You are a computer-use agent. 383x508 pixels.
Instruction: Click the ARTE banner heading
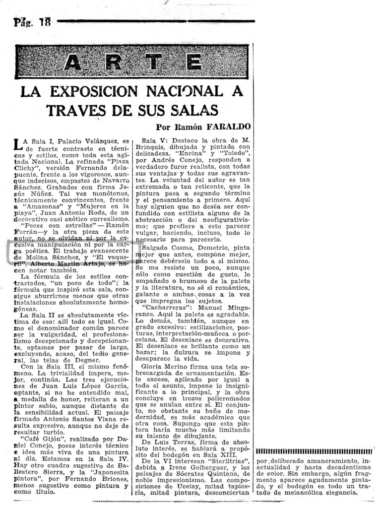click(x=133, y=62)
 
